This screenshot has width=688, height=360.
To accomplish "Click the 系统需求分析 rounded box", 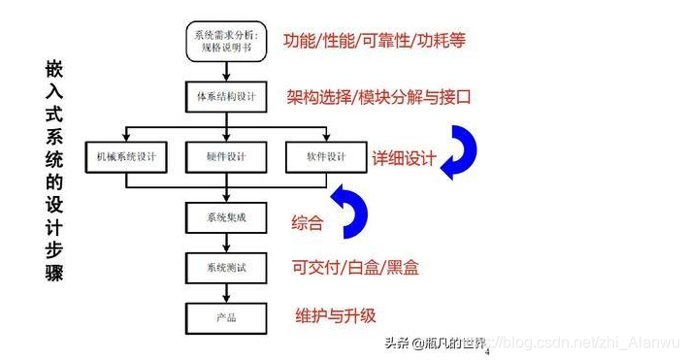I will (227, 40).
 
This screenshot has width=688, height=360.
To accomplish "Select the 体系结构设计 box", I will (227, 97).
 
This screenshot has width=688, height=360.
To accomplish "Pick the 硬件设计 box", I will (227, 157).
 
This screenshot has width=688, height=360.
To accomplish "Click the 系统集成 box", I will (227, 216).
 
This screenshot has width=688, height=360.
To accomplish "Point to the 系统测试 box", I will (227, 267).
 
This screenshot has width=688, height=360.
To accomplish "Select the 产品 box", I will (227, 317).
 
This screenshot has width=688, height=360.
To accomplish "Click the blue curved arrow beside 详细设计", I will (460, 150).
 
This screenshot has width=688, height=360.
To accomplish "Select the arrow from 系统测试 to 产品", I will (227, 292).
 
